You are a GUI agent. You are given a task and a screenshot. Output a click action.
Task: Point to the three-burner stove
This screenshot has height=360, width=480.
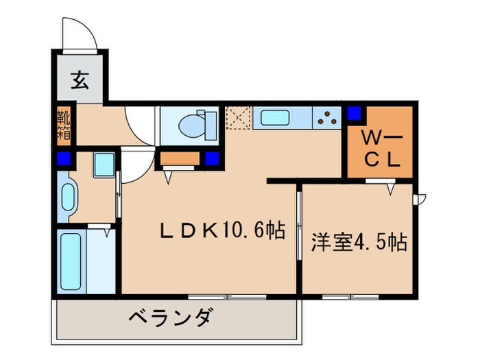(x=326, y=118)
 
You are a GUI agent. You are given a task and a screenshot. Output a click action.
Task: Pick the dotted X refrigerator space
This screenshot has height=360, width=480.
(x=238, y=118)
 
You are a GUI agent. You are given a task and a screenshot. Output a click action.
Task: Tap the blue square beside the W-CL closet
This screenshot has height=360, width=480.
(x=355, y=112)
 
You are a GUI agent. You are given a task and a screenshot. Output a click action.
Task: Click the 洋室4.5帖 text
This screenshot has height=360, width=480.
(x=359, y=242)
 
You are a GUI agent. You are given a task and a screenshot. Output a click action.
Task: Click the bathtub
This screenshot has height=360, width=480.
(x=71, y=261)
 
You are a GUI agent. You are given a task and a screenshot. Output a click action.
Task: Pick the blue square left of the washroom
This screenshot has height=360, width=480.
(x=64, y=160)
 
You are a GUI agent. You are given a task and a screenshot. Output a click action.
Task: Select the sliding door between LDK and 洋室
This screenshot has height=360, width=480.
(x=299, y=227)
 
